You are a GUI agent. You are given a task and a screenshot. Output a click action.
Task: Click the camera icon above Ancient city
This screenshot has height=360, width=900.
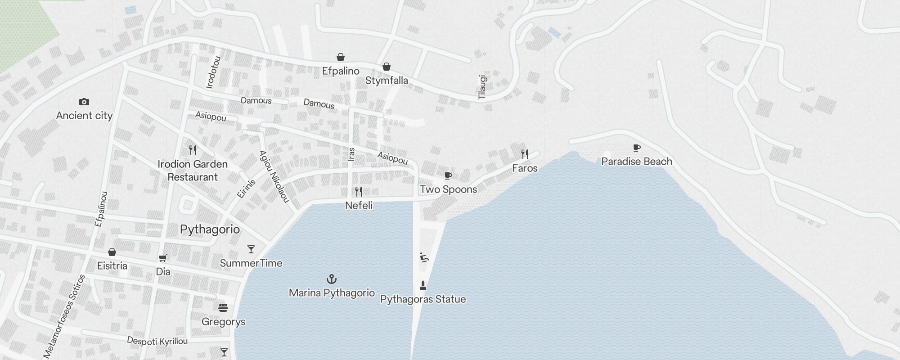84,102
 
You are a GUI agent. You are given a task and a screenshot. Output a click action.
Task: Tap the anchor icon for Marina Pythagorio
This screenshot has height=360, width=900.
332,279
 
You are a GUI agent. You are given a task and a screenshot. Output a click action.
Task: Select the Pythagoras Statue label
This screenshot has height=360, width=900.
423,299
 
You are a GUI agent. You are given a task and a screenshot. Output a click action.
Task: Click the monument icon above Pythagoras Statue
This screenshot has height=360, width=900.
423,285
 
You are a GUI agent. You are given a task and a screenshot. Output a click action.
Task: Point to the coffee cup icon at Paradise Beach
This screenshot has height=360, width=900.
636,148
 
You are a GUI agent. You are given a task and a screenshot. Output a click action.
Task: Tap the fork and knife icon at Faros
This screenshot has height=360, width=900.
524,154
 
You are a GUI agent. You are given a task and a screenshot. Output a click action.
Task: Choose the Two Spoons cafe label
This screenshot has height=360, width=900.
448,189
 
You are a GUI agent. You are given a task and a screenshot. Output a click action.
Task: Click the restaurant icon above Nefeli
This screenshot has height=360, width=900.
359,192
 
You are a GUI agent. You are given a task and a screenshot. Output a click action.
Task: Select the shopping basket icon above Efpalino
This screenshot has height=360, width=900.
341,57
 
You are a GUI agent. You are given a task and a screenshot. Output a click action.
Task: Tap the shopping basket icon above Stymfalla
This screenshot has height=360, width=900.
386,67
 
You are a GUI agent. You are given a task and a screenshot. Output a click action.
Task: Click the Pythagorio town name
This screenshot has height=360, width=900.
210,229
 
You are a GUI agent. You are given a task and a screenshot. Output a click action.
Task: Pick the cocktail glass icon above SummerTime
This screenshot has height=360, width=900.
251,249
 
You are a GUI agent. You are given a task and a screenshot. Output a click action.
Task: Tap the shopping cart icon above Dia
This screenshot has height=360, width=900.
163,258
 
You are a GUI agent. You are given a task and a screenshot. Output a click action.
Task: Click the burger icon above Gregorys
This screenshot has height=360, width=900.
223,308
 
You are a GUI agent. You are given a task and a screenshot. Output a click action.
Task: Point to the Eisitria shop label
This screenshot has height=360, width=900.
112,266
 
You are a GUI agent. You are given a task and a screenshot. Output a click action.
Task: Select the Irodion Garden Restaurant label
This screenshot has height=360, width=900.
193,171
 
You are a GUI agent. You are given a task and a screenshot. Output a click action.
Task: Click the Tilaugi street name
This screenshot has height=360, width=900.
482,87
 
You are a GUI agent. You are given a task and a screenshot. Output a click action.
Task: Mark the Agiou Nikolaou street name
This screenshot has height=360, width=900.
274,176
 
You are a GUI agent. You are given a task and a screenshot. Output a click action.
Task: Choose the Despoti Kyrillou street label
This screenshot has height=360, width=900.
157,341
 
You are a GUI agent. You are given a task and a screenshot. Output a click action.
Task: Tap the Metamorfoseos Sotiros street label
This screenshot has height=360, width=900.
64,316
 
